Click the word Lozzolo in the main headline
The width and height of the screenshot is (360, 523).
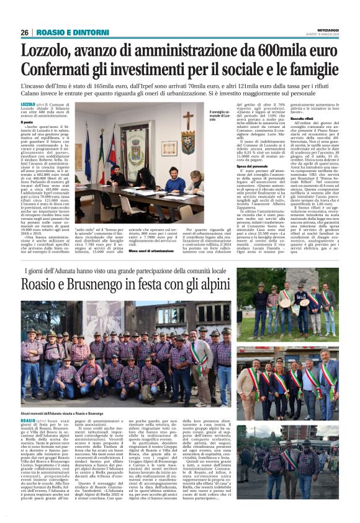(50, 50)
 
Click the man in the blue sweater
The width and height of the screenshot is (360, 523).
(176, 183)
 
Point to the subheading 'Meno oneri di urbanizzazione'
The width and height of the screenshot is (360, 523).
(151, 250)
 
